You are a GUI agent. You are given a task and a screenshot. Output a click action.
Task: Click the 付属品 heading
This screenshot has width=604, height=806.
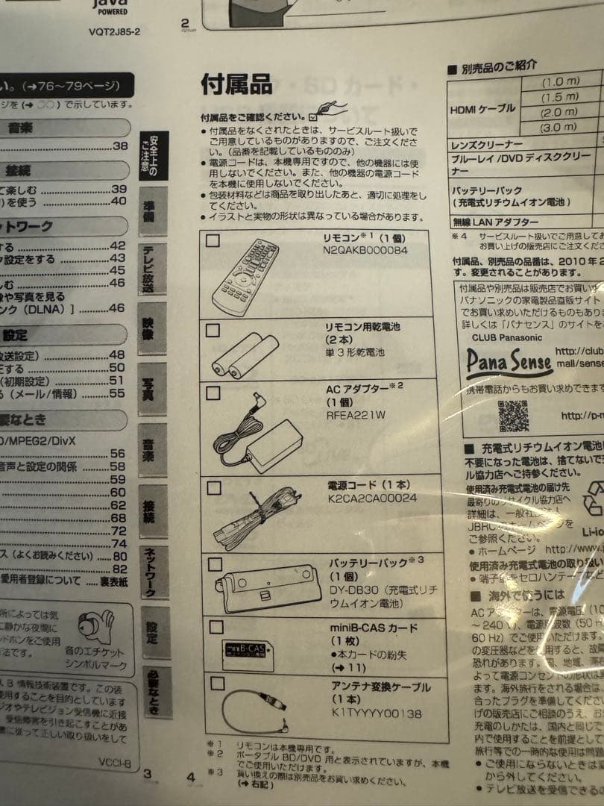[x=236, y=85]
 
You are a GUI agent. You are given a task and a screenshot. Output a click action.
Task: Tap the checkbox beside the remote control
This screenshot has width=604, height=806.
[x=213, y=241]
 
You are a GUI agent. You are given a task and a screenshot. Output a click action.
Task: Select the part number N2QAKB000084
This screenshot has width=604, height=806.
[x=365, y=250]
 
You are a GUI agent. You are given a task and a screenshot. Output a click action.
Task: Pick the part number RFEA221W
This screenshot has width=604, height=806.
[x=356, y=416]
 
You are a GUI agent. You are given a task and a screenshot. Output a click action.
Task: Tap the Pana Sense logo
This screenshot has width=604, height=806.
[x=509, y=363]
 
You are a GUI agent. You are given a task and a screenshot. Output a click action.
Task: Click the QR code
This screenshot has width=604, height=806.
[x=513, y=416]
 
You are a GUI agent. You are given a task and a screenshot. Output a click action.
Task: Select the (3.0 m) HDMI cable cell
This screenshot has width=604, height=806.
[x=560, y=128]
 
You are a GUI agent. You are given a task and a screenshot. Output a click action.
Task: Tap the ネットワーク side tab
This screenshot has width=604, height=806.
[x=151, y=572]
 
